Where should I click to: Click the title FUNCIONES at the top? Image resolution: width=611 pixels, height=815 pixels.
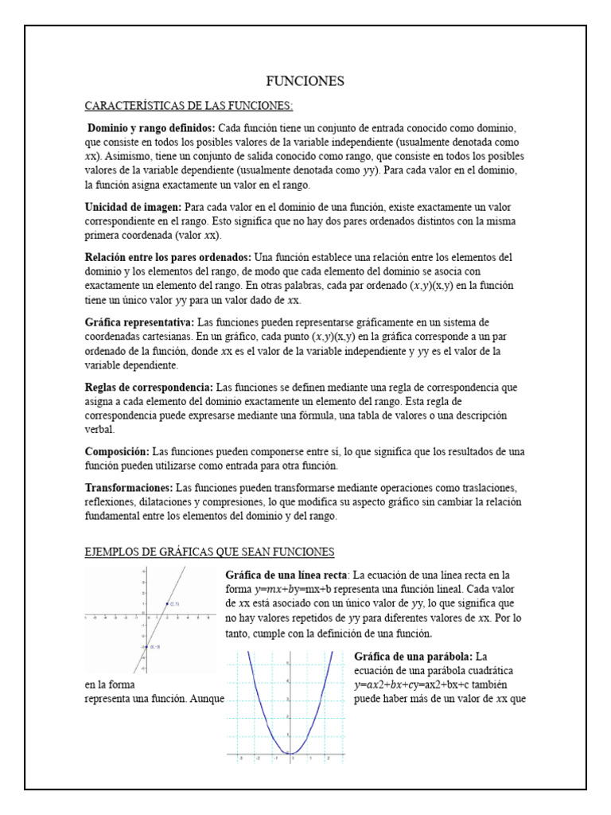pyautogui.click(x=305, y=81)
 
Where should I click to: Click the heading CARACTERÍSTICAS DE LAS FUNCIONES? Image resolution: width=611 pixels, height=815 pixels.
pyautogui.click(x=189, y=106)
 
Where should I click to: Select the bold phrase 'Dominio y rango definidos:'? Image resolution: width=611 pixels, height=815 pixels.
pyautogui.click(x=150, y=128)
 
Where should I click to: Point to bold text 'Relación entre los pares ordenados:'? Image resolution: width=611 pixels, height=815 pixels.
pyautogui.click(x=168, y=257)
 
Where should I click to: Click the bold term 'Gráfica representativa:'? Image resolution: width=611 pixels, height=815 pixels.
pyautogui.click(x=139, y=322)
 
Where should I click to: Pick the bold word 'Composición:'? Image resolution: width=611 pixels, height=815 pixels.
pyautogui.click(x=117, y=451)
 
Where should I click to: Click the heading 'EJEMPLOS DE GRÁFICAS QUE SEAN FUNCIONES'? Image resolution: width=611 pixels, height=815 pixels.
pyautogui.click(x=209, y=552)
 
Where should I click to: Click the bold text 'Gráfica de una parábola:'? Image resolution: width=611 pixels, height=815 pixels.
pyautogui.click(x=413, y=657)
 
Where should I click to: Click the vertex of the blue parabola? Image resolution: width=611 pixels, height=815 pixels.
pyautogui.click(x=290, y=753)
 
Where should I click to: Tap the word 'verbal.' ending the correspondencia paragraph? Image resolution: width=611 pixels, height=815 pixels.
pyautogui.click(x=101, y=431)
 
